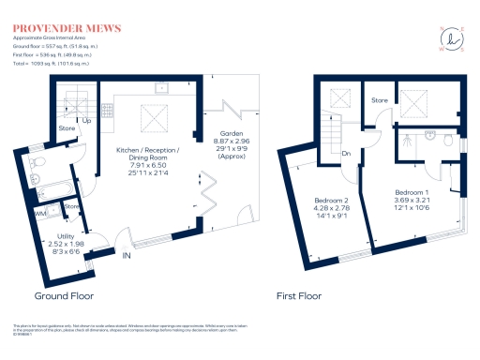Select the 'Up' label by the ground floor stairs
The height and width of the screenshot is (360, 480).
87,121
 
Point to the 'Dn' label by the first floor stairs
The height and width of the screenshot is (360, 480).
345,155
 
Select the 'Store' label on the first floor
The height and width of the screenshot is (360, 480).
379,98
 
